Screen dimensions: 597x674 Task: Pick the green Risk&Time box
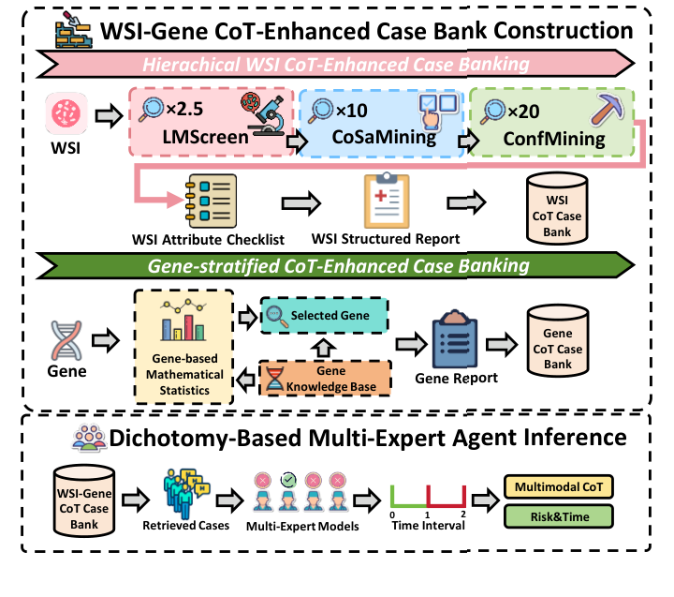pyautogui.click(x=559, y=515)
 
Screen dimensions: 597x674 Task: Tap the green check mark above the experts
pyautogui.click(x=290, y=481)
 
